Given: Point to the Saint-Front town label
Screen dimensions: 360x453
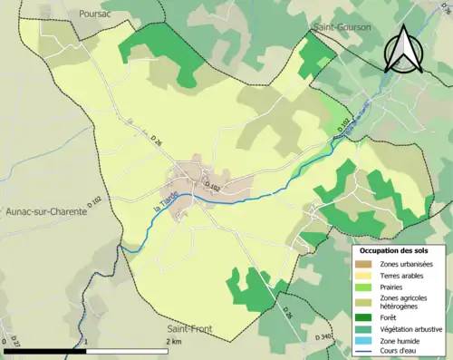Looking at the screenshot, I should (190, 327).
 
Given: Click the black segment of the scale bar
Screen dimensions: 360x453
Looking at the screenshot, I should (45, 350).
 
